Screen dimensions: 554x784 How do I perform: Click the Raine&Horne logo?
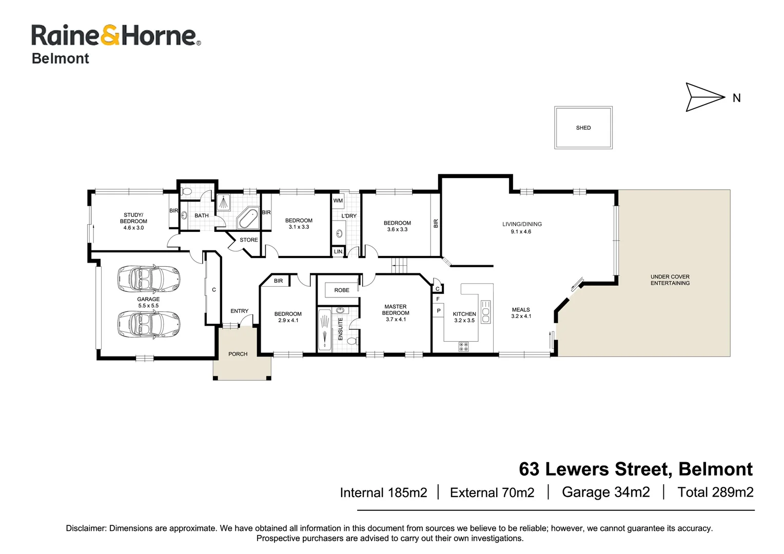pyautogui.click(x=115, y=36)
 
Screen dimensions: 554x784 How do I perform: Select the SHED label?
pyautogui.click(x=583, y=128)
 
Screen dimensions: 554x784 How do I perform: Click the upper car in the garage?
pyautogui.click(x=148, y=279)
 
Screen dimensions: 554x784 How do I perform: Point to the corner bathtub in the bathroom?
pyautogui.click(x=248, y=218)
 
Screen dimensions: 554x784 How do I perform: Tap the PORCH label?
pyautogui.click(x=238, y=354)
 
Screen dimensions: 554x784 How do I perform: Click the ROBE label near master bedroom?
pyautogui.click(x=342, y=290)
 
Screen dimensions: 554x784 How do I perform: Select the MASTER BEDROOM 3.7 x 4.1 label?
pyautogui.click(x=396, y=313)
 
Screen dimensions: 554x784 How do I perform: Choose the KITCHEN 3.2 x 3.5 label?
pyautogui.click(x=464, y=317)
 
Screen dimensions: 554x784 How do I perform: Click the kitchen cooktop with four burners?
pyautogui.click(x=463, y=347)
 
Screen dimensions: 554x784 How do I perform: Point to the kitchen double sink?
pyautogui.click(x=485, y=312)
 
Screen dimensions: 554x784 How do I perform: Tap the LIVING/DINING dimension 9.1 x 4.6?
pyautogui.click(x=521, y=232)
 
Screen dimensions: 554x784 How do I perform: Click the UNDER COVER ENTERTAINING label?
pyautogui.click(x=670, y=280)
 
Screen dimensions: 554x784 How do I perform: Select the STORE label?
pyautogui.click(x=249, y=240)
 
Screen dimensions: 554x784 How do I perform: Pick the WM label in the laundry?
pyautogui.click(x=338, y=201)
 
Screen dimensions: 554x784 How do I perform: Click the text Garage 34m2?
pyautogui.click(x=605, y=492)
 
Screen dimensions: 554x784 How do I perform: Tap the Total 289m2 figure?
pyautogui.click(x=715, y=492)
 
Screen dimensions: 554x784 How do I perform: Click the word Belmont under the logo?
pyautogui.click(x=61, y=58)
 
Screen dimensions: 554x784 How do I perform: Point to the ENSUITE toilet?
pyautogui.click(x=352, y=341)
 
